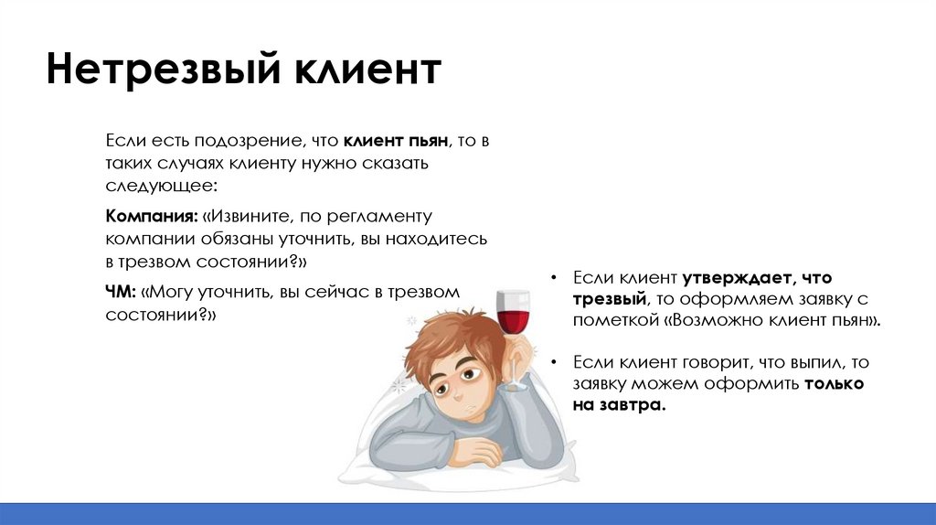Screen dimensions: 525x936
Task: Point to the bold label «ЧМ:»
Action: (x=121, y=292)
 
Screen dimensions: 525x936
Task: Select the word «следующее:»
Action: (x=161, y=186)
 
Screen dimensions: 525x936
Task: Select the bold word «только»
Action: (x=834, y=383)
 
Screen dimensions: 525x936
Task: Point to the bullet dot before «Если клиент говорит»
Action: (x=554, y=362)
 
